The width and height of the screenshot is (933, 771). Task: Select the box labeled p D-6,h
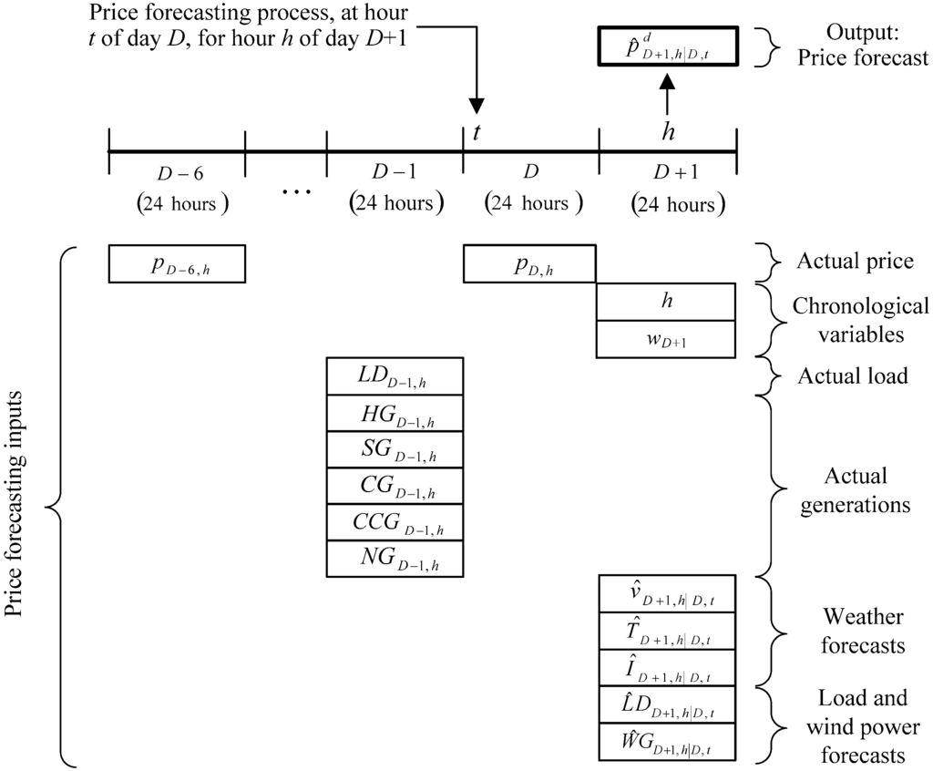[177, 264]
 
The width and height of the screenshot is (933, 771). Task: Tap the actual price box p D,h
[529, 264]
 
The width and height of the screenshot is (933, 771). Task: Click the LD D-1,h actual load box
[395, 376]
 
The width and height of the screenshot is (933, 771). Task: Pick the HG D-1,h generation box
[395, 413]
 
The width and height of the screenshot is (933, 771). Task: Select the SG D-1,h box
[395, 449]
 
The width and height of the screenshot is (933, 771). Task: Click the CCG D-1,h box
[395, 522]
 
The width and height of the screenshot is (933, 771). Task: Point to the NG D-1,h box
[395, 558]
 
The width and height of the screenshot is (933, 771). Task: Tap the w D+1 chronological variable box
[666, 339]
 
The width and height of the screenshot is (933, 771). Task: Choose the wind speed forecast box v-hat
[666, 594]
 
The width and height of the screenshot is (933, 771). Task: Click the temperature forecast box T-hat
[666, 631]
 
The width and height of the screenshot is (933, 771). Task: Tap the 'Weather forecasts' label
[861, 631]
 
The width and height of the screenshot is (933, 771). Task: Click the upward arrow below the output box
[667, 91]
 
